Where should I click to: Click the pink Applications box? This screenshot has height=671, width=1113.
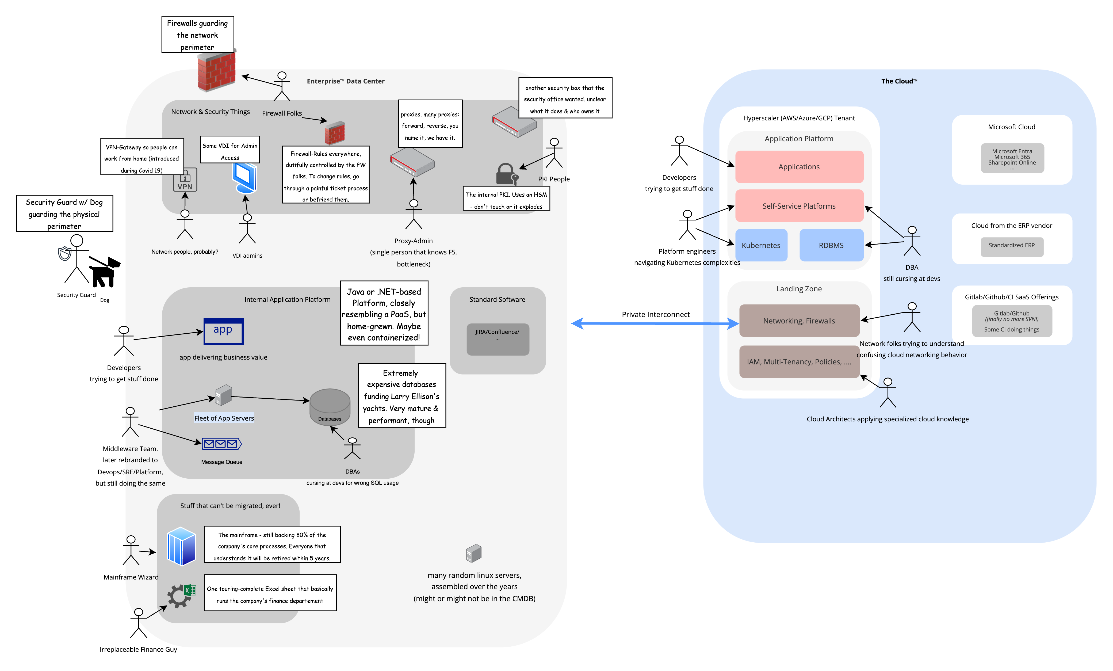(799, 167)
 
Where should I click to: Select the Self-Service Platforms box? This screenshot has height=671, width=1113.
(799, 206)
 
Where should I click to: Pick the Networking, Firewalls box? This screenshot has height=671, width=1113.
(799, 321)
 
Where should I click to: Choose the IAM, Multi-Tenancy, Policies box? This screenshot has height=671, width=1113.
(799, 361)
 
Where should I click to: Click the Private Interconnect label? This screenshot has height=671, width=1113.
(655, 314)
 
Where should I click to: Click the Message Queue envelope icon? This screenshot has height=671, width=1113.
(221, 444)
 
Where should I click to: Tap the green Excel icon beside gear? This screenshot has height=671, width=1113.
(190, 590)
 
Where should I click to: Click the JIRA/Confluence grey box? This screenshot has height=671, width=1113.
(497, 339)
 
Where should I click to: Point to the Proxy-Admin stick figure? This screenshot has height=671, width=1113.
(413, 215)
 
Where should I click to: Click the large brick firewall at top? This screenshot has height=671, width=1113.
(217, 71)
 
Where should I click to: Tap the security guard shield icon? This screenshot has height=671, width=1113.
(64, 253)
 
